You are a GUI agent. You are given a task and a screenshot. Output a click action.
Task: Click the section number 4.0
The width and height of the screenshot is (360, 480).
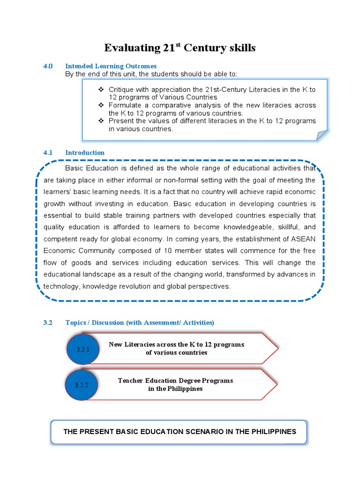[x=48, y=66]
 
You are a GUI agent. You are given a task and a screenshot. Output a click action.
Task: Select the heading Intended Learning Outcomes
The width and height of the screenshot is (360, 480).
[x=111, y=66]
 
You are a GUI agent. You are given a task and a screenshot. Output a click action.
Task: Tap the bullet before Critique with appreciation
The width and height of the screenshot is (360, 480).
[x=101, y=89]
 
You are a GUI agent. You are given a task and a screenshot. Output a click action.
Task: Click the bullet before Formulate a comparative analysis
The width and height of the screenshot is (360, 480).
[x=101, y=105]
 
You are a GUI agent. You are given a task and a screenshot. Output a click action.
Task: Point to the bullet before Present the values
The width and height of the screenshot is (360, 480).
[x=101, y=121]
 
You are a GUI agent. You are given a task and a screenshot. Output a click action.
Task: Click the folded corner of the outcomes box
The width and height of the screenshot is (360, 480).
[x=322, y=135]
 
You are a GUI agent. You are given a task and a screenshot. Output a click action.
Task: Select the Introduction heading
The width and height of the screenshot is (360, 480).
[x=85, y=152]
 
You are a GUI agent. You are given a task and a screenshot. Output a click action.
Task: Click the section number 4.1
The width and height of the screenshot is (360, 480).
[x=48, y=152]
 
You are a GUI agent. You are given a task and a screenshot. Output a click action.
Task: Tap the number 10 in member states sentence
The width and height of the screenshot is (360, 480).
[x=152, y=251]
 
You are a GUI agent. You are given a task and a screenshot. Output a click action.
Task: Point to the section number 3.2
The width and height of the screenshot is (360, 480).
[x=48, y=322]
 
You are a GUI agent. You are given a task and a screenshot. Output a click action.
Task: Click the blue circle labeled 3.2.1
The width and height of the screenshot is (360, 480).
[x=82, y=349]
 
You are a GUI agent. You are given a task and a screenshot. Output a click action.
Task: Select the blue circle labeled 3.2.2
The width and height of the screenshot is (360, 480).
[x=82, y=385]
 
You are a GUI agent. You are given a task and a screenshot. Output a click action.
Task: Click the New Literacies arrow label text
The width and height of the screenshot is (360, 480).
[x=176, y=348]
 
